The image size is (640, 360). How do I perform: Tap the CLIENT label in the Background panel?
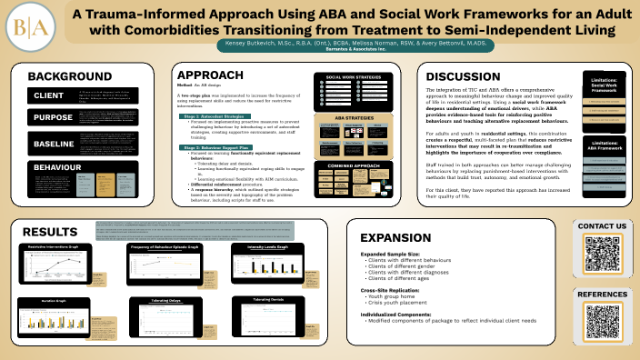(x=48, y=95)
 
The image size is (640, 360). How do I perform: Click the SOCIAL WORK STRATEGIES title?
(x=355, y=77)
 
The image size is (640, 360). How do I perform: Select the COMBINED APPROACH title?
(x=355, y=166)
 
